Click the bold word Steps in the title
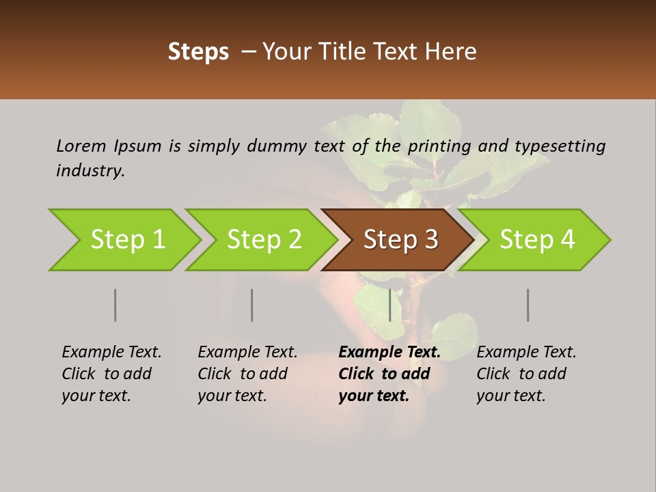[x=198, y=52]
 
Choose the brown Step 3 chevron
[x=398, y=240]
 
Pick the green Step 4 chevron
[x=534, y=240]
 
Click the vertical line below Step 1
[x=115, y=305]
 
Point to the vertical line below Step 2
[x=252, y=305]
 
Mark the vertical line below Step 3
[x=389, y=305]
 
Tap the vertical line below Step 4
[x=528, y=305]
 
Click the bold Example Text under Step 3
[x=389, y=353]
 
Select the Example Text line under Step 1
[x=111, y=353]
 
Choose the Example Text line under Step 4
[x=526, y=353]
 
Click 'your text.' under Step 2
[x=232, y=396]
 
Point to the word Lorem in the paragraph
[x=81, y=146]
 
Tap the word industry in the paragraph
[x=90, y=171]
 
